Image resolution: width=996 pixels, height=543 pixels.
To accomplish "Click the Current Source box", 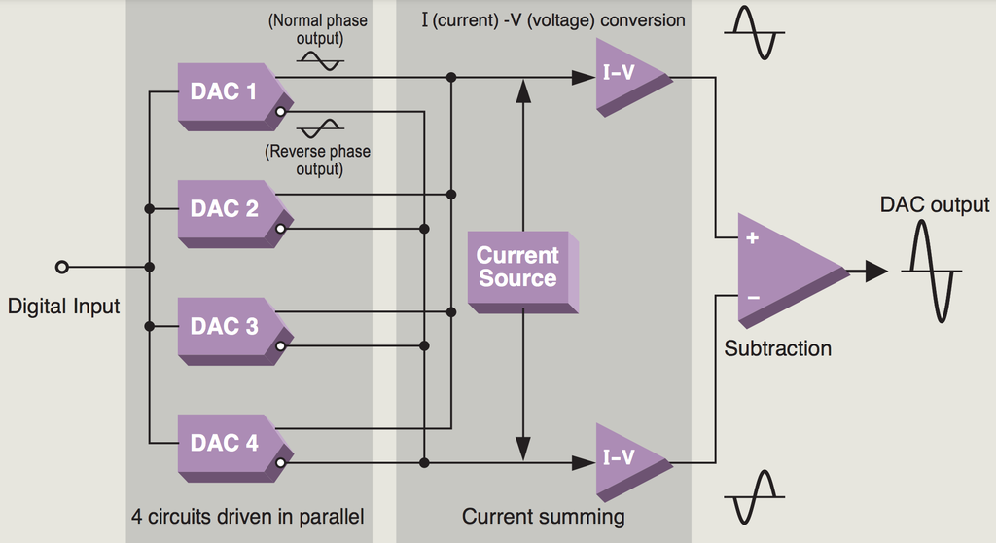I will coord(518,268).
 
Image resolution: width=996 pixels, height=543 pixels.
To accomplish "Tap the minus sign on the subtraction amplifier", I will coord(751,296).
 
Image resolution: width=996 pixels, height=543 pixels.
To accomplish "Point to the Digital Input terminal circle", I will coord(61,267).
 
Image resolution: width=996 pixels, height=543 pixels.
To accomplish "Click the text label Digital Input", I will coord(63,307).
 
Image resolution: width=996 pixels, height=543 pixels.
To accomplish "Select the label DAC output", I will coord(934,205).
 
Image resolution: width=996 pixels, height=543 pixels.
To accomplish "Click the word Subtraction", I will coord(777,348).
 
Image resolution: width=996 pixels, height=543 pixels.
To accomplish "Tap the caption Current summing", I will coord(543,516).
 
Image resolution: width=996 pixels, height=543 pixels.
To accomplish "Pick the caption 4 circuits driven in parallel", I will coord(248,516).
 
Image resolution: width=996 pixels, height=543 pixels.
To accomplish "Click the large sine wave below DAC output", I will coord(932,271).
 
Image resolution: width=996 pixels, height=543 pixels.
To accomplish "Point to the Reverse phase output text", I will coord(318,160).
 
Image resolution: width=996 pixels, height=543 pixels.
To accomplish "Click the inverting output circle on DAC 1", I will coord(280,113).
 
